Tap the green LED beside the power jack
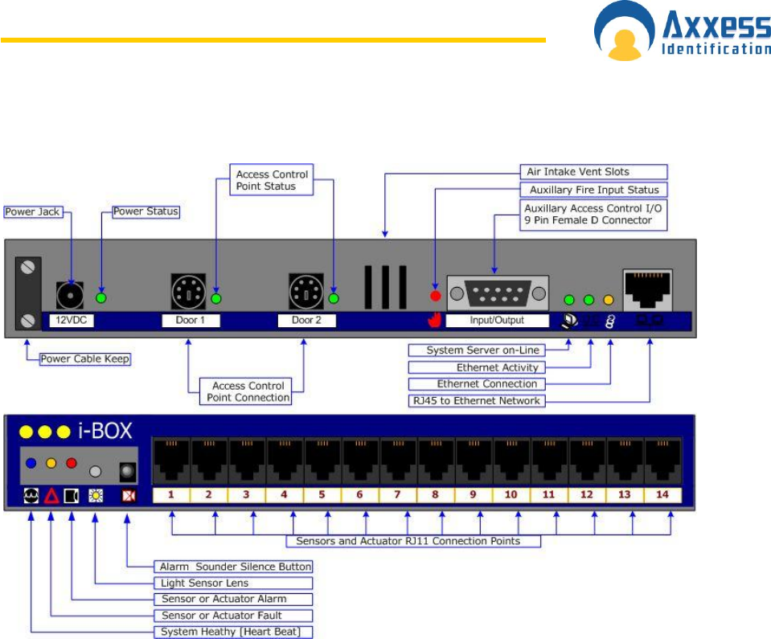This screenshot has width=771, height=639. click(x=101, y=298)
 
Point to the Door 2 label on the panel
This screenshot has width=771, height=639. click(x=306, y=321)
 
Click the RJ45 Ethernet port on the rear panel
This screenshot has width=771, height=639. click(x=647, y=289)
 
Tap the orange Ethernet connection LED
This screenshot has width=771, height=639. click(x=609, y=300)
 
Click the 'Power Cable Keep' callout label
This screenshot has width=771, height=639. click(x=86, y=358)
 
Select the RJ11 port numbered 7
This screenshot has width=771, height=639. click(x=398, y=461)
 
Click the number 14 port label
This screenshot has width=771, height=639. click(x=662, y=494)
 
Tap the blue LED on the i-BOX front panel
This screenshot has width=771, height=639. click(x=31, y=463)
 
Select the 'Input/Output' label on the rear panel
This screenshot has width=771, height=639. click(x=497, y=320)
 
